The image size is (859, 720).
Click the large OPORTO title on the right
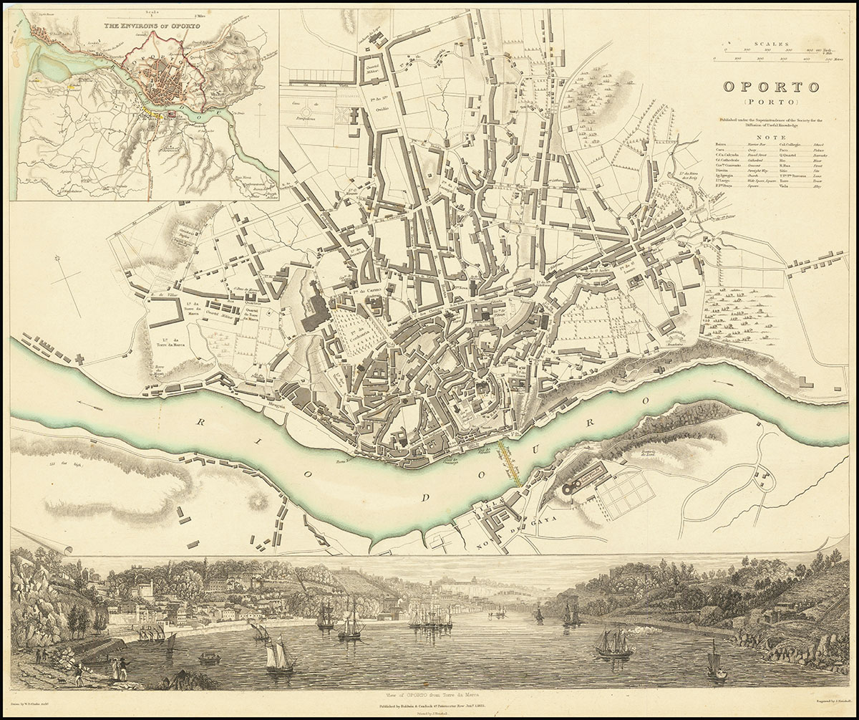[x=770, y=87]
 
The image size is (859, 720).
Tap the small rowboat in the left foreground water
[x=209, y=657]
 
